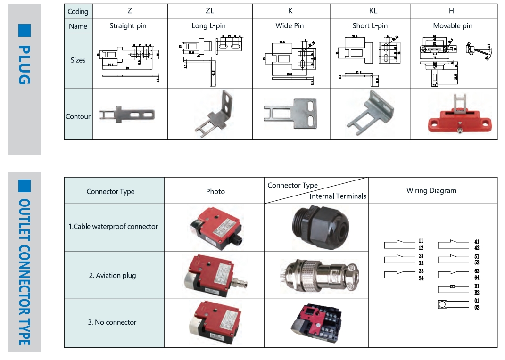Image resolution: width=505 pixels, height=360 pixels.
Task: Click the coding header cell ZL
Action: (x=210, y=11)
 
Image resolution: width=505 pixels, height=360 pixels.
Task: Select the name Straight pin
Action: (x=128, y=26)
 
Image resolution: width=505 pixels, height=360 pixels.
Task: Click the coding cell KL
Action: (x=373, y=11)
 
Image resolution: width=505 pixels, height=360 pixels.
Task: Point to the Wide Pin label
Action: (x=290, y=26)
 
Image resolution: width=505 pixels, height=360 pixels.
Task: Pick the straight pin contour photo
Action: (x=127, y=114)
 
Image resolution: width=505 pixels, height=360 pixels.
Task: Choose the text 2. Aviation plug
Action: (x=112, y=276)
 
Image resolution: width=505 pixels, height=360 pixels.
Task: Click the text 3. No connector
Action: (x=112, y=322)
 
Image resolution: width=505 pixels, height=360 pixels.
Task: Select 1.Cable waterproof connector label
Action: (x=113, y=227)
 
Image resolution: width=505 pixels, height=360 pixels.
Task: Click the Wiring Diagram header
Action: (x=431, y=191)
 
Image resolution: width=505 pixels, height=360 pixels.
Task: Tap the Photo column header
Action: (x=215, y=192)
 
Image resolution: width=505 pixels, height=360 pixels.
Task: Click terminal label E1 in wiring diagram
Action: (x=477, y=286)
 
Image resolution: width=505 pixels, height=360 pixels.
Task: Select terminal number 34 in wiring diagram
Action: (x=421, y=278)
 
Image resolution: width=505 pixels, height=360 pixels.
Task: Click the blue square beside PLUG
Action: (x=25, y=30)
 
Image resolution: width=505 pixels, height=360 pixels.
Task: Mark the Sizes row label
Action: (x=78, y=60)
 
